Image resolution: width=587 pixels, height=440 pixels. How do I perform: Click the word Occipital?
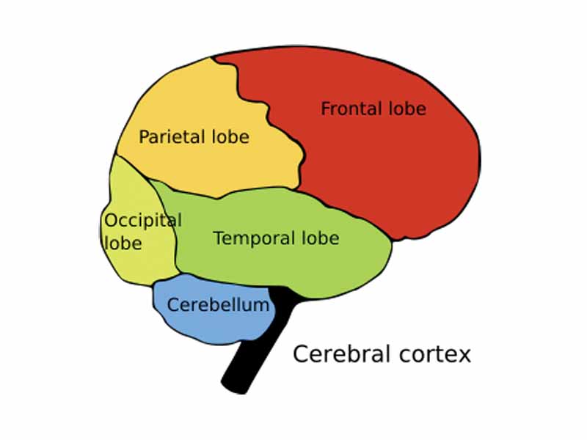pyautogui.click(x=143, y=220)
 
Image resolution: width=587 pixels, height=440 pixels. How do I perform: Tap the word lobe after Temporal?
pyautogui.click(x=319, y=238)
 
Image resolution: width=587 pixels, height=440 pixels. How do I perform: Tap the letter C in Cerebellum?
pyautogui.click(x=173, y=304)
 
